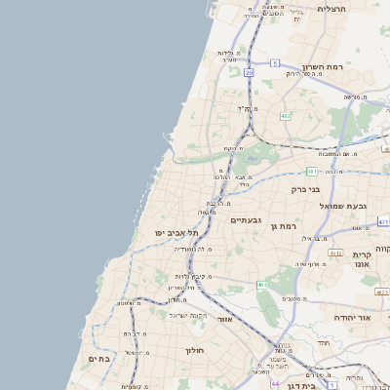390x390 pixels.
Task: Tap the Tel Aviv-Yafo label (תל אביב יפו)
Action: pos(175,234)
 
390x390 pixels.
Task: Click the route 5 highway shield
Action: pos(276,62)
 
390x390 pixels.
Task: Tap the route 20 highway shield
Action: pos(250,72)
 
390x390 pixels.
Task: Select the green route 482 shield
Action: pos(285,116)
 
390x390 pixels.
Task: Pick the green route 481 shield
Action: pos(311,170)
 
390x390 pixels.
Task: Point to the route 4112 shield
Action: pos(334,253)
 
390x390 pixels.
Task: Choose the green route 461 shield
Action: pos(261,285)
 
